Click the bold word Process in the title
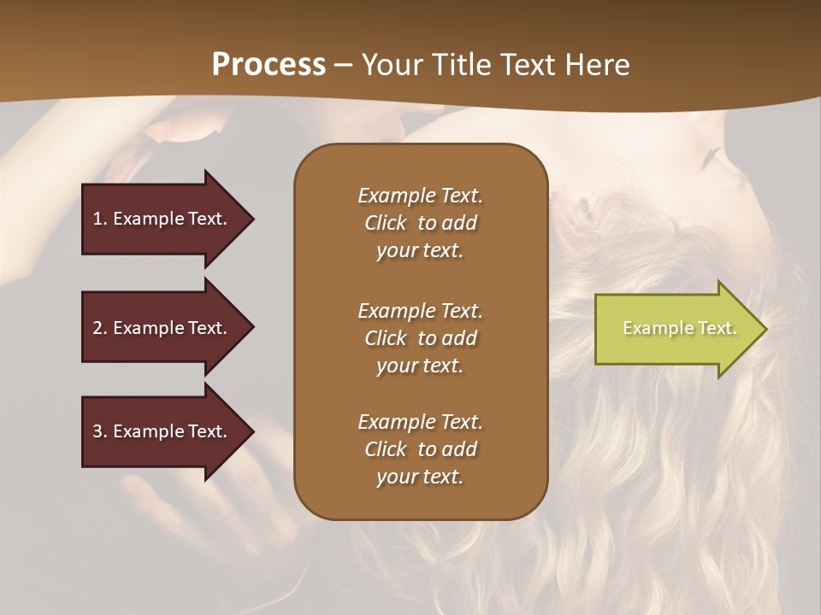click(x=269, y=65)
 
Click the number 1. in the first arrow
click(x=100, y=219)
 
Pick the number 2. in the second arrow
click(x=100, y=328)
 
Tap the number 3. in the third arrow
click(x=100, y=431)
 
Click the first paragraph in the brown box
click(x=420, y=223)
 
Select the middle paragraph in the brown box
click(x=420, y=338)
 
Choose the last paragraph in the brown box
click(x=420, y=449)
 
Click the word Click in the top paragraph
click(x=385, y=223)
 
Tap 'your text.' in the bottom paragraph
click(x=420, y=477)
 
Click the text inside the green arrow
click(x=679, y=328)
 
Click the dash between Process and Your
click(x=343, y=65)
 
